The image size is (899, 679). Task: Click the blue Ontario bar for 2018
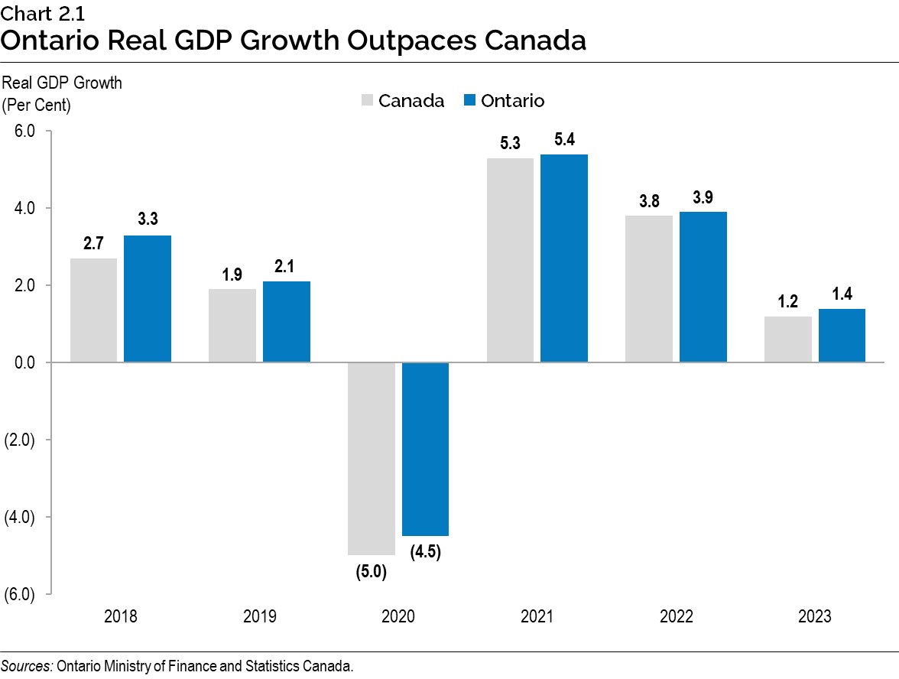click(148, 299)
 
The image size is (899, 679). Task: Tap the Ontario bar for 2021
click(564, 258)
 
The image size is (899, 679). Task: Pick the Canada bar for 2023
click(788, 339)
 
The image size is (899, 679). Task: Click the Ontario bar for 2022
click(703, 287)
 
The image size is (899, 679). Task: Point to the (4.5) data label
click(425, 552)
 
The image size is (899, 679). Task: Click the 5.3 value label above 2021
click(510, 144)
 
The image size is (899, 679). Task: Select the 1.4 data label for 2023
click(842, 294)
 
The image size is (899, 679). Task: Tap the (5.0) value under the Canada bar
click(371, 571)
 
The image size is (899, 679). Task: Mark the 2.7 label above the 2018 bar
click(93, 244)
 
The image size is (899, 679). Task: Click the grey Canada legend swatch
click(367, 101)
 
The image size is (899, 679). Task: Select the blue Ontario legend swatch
click(470, 101)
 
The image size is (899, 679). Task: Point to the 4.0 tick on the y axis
click(24, 208)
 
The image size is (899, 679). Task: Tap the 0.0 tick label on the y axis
click(24, 362)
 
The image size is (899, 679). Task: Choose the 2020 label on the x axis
click(398, 617)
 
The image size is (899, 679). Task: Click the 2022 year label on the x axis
click(676, 617)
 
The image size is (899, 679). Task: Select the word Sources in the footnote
click(26, 665)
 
